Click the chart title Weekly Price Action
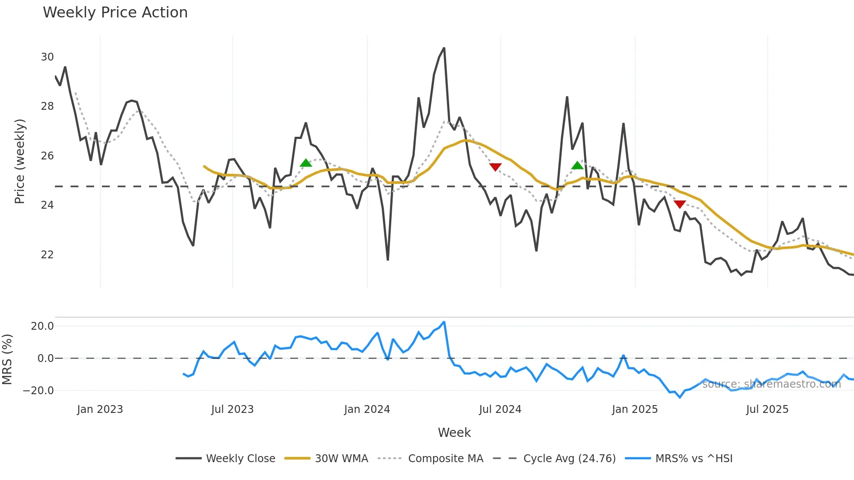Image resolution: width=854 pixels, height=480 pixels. (x=115, y=13)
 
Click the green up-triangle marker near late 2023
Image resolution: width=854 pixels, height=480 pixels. (x=306, y=163)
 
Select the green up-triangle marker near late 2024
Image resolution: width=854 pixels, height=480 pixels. (x=577, y=166)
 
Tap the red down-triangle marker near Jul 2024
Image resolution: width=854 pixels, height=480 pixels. (x=495, y=167)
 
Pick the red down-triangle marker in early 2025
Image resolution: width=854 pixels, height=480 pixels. (x=680, y=204)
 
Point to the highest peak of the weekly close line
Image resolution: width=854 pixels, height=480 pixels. (x=444, y=48)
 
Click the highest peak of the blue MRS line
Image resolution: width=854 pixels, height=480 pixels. (x=444, y=322)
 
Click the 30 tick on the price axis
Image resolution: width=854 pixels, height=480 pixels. (x=47, y=57)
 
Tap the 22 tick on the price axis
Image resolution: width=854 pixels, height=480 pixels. (x=47, y=255)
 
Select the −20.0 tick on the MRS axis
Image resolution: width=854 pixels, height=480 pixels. (x=38, y=391)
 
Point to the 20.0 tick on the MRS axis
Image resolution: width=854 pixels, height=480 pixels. (x=42, y=326)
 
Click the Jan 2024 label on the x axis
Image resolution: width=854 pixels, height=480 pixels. (x=367, y=409)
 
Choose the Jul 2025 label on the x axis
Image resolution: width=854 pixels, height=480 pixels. (x=767, y=409)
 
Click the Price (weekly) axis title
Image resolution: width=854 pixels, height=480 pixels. (x=20, y=161)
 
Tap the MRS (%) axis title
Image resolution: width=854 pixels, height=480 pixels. (x=7, y=359)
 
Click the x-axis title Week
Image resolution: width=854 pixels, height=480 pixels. (x=454, y=433)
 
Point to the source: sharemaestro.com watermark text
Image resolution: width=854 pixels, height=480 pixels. (x=771, y=384)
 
